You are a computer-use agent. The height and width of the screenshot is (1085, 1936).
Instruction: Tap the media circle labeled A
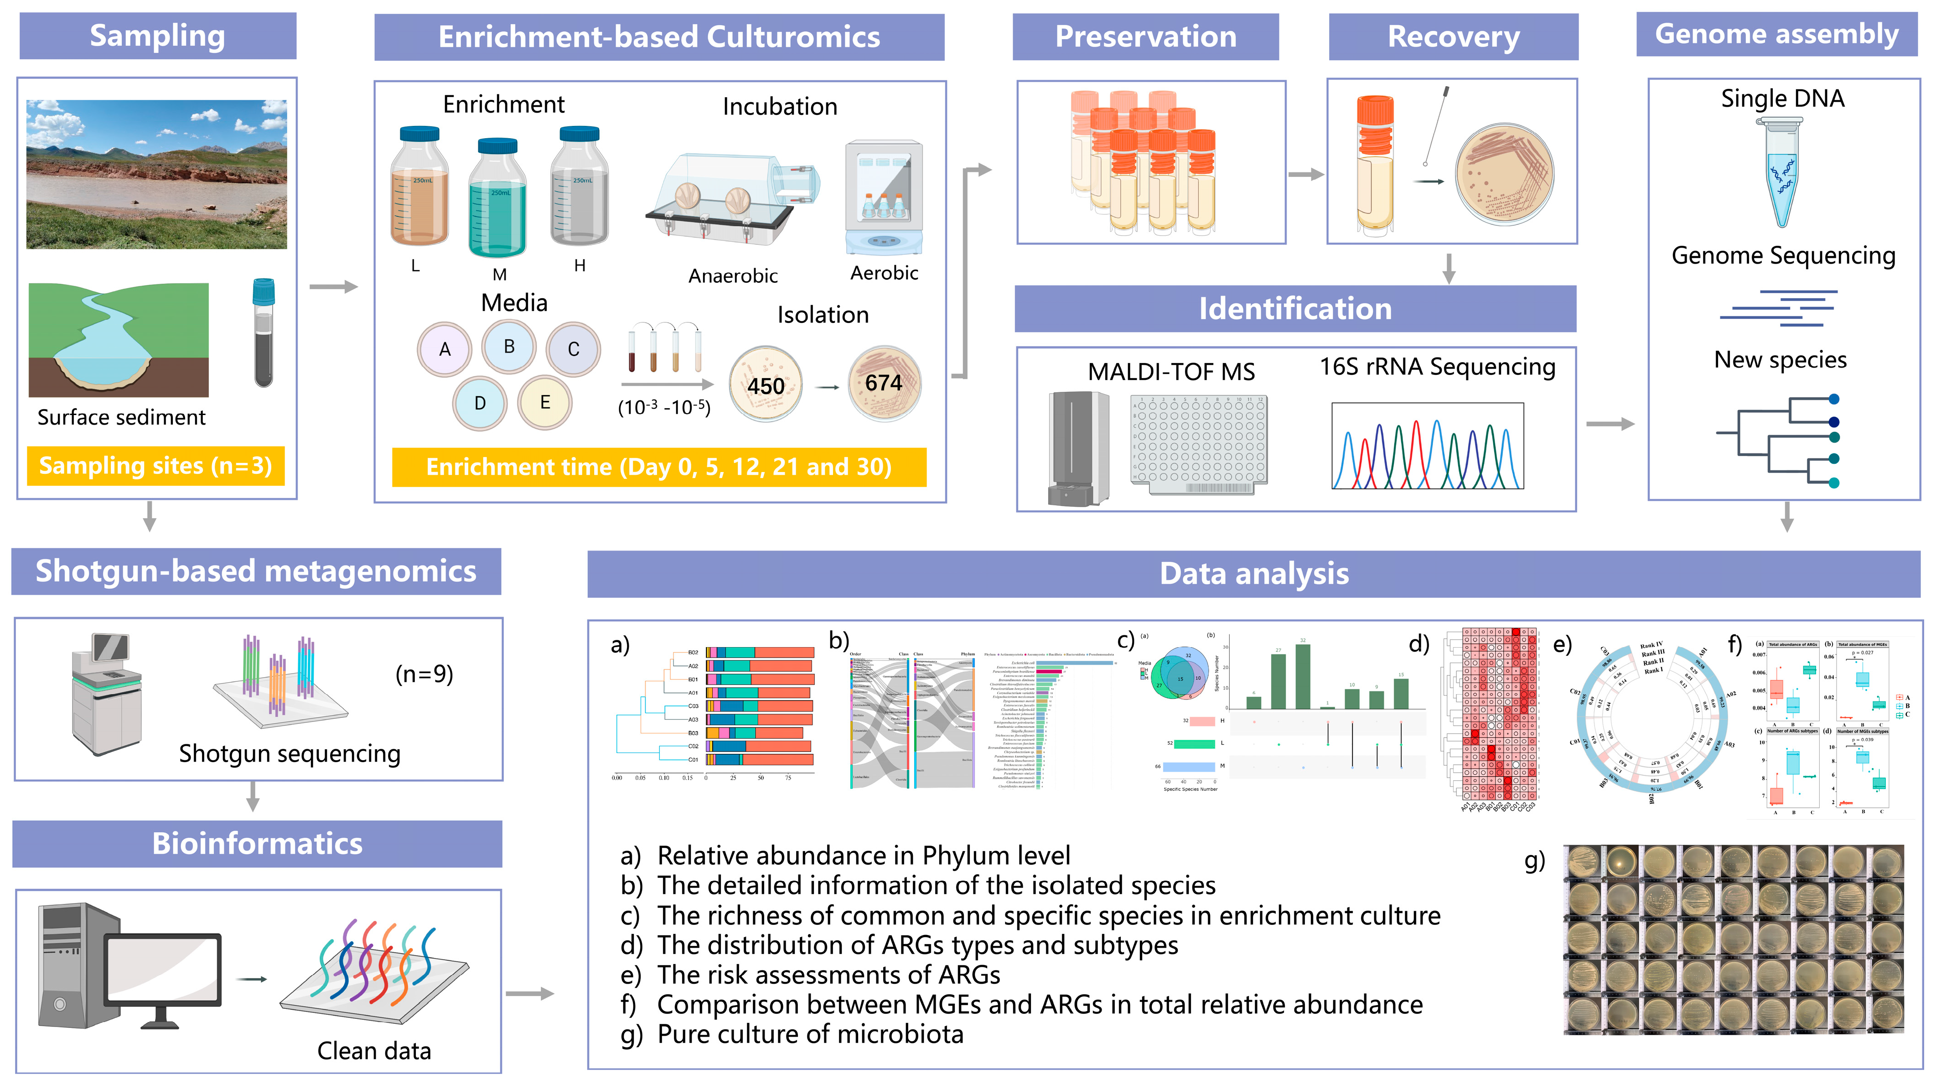click(x=444, y=349)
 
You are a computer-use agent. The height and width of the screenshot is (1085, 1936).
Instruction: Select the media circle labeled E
click(x=545, y=402)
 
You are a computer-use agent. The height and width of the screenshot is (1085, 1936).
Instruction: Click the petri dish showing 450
click(x=765, y=384)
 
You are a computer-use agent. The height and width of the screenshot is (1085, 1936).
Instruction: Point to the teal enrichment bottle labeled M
click(x=497, y=199)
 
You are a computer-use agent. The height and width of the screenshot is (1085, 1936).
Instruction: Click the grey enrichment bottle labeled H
click(x=580, y=188)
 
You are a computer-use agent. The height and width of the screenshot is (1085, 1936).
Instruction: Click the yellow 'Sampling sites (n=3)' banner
click(x=155, y=466)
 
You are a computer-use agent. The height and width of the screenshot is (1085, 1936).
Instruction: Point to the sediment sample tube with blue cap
click(x=264, y=332)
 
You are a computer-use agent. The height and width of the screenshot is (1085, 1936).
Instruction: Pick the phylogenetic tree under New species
click(x=1781, y=440)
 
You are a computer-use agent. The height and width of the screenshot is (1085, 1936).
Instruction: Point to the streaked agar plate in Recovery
click(x=1504, y=174)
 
